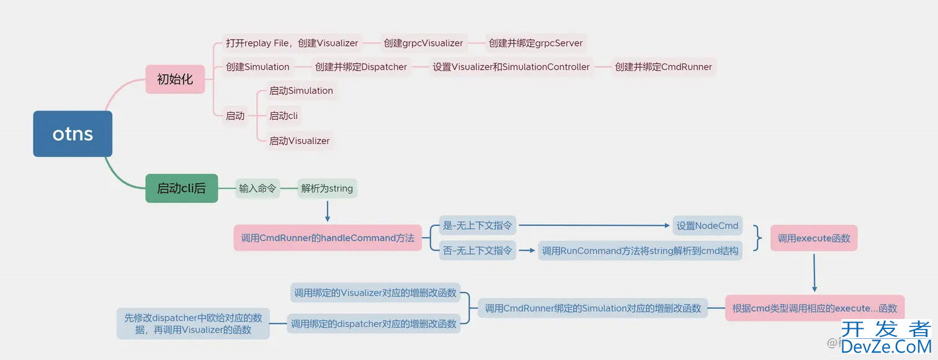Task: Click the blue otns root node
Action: coord(73,133)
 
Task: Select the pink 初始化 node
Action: coord(175,79)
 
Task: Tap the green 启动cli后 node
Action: coord(182,188)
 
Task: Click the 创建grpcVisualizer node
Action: coord(423,43)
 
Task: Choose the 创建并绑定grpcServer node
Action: coord(535,43)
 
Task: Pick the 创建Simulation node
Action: coord(257,67)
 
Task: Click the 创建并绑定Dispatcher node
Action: coord(361,67)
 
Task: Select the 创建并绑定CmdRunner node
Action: coord(663,67)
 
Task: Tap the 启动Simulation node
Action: coord(301,91)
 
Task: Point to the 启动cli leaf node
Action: coord(284,116)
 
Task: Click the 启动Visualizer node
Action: coord(300,141)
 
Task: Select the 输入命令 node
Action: coord(257,188)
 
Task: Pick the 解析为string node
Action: coord(327,188)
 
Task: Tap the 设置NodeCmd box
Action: coord(707,226)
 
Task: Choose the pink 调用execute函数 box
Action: coord(814,238)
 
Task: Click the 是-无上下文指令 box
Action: coord(478,226)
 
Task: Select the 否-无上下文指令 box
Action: coord(478,251)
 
